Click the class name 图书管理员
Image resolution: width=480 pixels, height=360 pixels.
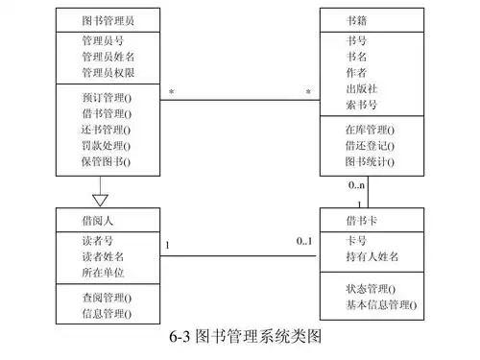[106, 19]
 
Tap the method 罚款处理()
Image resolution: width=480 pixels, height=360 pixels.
[106, 146]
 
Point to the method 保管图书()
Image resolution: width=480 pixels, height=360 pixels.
[106, 162]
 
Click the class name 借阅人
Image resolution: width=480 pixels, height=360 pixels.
[100, 220]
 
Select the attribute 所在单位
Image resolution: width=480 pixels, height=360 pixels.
[102, 272]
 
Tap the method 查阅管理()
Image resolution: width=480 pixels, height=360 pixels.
[106, 297]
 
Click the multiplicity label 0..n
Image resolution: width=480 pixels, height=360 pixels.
[357, 185]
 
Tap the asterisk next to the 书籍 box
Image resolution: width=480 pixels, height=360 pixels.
[308, 92]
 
